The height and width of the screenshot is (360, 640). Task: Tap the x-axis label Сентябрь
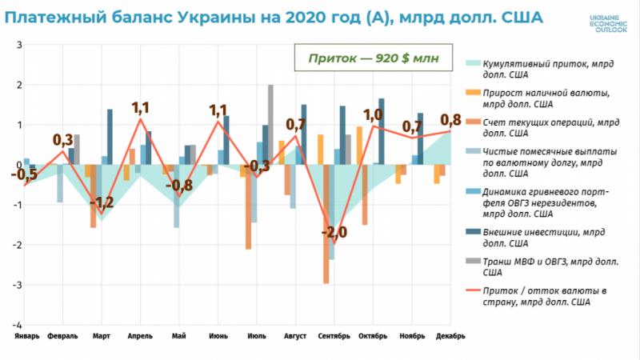coord(334,337)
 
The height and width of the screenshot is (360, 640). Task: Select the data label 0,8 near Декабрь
coord(450,120)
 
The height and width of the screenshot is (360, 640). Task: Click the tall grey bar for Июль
coord(271,125)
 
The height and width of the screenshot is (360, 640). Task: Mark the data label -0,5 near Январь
coord(27,174)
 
